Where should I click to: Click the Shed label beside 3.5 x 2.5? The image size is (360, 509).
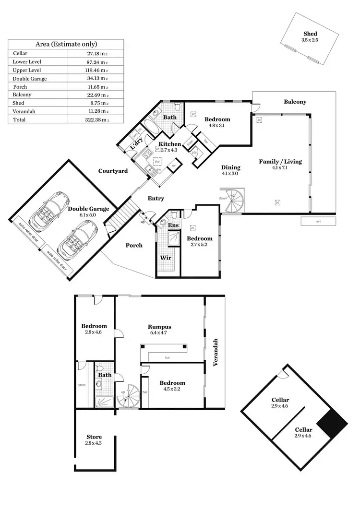(310, 33)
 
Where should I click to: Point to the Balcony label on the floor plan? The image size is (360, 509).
(295, 102)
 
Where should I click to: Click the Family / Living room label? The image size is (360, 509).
(280, 162)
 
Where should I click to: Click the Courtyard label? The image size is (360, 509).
(113, 171)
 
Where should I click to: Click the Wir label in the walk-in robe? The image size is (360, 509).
(166, 258)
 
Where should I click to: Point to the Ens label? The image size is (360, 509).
(173, 226)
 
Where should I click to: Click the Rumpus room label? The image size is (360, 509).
(159, 327)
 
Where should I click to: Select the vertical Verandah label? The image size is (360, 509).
(216, 353)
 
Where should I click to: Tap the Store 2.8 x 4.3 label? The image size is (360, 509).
(94, 437)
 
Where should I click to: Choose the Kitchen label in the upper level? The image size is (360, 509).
(170, 144)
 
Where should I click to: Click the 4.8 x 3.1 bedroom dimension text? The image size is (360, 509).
(217, 126)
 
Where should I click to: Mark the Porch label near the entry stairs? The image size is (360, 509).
(134, 245)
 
